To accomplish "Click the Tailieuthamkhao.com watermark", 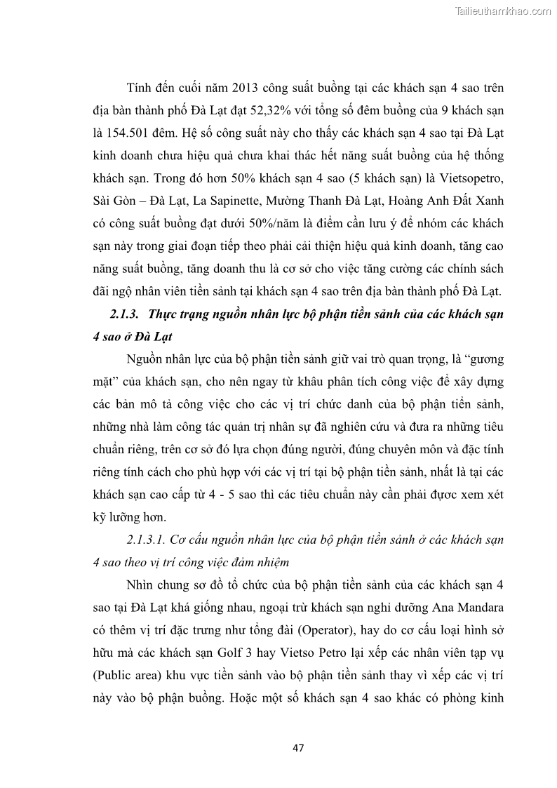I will coord(503,11).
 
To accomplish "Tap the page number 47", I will coord(298,747).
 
